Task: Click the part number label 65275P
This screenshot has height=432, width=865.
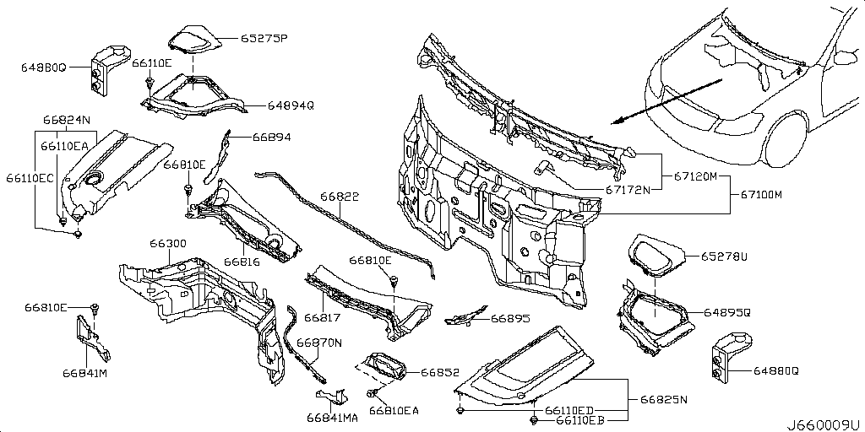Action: coord(264,38)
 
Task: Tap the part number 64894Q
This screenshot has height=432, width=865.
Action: coord(291,106)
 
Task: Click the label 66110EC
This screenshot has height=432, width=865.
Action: coord(30,178)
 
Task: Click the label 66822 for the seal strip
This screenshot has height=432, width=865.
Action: coord(339,196)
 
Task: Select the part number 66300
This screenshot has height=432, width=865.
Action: coord(168,243)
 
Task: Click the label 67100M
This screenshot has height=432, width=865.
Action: coord(761,195)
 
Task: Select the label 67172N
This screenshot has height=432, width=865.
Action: coord(626,190)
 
